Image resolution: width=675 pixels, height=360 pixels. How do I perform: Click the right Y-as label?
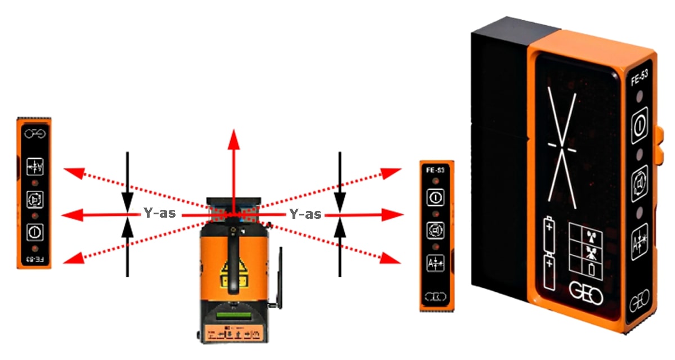(x=305, y=214)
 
